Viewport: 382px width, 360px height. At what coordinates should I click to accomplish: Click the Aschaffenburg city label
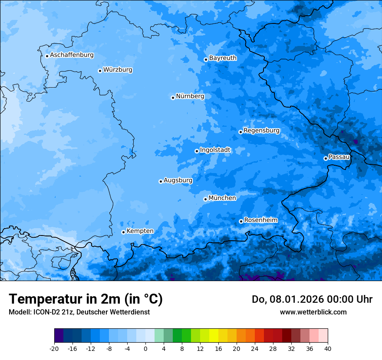72,55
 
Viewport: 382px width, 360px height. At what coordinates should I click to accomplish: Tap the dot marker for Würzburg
100,71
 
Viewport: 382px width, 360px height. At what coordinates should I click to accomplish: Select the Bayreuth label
223,58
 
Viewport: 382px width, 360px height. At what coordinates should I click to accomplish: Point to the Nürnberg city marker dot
173,98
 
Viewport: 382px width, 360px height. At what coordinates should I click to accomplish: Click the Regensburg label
261,130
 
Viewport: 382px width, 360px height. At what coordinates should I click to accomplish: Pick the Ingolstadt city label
215,150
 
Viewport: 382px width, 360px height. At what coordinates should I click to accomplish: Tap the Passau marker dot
326,158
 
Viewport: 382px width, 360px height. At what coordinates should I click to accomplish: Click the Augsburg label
178,180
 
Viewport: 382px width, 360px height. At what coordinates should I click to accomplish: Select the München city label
222,198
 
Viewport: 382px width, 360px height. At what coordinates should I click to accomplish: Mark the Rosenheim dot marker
241,222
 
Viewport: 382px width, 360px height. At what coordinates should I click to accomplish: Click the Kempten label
140,231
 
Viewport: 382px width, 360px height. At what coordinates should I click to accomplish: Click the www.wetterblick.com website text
313,312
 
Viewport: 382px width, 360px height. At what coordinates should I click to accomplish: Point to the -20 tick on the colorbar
54,348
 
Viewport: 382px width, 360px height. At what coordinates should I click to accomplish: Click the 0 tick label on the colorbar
145,348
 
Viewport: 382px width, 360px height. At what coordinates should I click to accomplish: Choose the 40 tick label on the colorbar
327,348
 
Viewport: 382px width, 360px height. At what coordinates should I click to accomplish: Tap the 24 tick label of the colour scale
254,348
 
